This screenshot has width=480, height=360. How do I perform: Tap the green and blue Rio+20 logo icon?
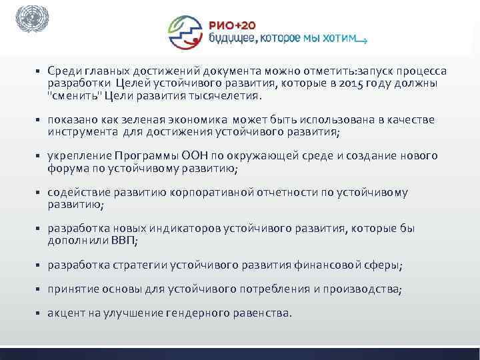[x=187, y=32]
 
